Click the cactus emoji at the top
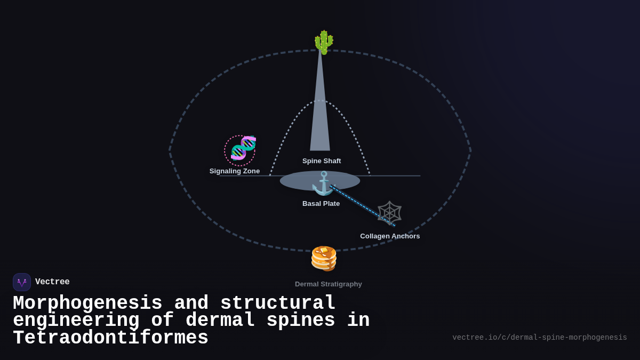[323, 42]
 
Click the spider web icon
[389, 213]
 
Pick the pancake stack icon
[324, 258]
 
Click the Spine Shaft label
[322, 161]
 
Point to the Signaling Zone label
[235, 171]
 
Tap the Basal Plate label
[321, 204]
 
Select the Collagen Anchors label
[390, 236]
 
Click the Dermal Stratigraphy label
[329, 284]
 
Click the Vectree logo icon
[22, 282]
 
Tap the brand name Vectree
[52, 282]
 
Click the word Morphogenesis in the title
[87, 303]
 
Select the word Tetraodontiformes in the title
[110, 338]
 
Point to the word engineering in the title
[76, 321]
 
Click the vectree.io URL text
[539, 338]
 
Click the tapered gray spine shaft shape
[320, 117]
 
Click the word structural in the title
[278, 303]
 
